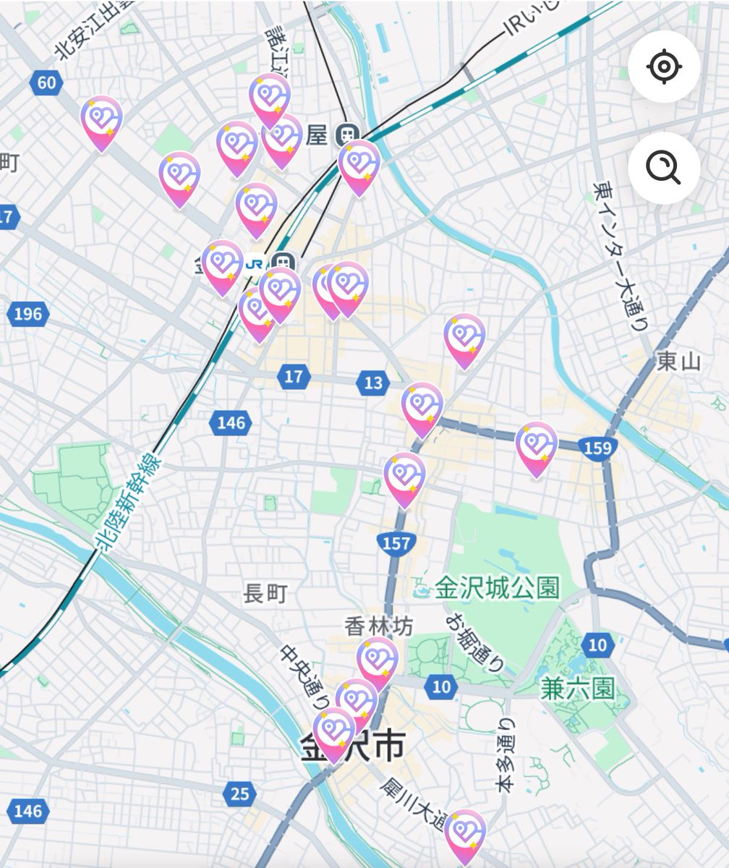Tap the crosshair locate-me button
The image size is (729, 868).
(x=663, y=67)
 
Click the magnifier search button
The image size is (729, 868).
(x=663, y=169)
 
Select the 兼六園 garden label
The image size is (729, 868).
(x=577, y=688)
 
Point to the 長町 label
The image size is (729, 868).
(x=266, y=594)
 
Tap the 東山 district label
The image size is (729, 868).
(x=679, y=361)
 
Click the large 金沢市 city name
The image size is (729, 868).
(x=352, y=747)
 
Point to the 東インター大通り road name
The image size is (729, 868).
(x=621, y=256)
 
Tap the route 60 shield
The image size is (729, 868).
(x=46, y=82)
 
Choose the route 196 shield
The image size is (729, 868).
(x=27, y=314)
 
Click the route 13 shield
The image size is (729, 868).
(x=372, y=383)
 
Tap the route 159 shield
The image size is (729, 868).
(x=597, y=448)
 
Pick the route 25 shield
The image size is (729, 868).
(x=240, y=793)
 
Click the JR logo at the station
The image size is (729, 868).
(x=254, y=263)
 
